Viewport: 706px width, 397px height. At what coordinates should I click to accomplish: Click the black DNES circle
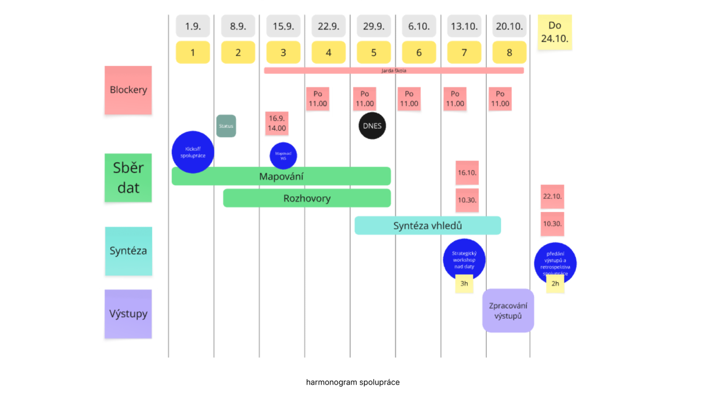[x=372, y=126]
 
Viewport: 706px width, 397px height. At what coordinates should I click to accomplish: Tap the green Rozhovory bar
[x=307, y=198]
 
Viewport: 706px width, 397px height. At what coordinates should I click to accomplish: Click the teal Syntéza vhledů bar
[x=427, y=225]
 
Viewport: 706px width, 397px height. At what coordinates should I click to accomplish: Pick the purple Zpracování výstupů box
[x=508, y=311]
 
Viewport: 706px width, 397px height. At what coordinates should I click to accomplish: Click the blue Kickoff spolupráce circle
[x=193, y=152]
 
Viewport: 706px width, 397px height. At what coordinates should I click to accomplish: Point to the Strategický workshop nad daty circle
[x=464, y=259]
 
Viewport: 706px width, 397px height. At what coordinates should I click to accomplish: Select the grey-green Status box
[x=226, y=126]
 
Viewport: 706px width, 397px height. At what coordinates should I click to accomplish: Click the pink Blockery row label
[x=128, y=90]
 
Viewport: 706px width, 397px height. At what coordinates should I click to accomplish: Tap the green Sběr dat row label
[x=128, y=178]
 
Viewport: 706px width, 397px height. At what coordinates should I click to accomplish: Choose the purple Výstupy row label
[x=128, y=314]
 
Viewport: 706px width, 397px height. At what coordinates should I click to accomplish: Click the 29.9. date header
[x=374, y=26]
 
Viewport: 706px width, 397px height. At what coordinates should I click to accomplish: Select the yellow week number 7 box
[x=464, y=52]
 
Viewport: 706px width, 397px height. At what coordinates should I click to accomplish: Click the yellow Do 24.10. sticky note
[x=555, y=32]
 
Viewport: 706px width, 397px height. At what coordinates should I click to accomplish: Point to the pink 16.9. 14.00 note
[x=277, y=123]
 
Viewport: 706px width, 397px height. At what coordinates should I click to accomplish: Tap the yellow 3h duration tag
[x=464, y=284]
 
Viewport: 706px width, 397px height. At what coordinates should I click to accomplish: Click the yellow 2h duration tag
[x=555, y=284]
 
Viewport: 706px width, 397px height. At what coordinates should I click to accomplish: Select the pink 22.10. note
[x=552, y=196]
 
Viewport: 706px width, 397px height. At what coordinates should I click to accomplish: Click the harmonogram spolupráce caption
[x=353, y=382]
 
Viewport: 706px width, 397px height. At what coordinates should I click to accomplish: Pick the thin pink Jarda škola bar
[x=394, y=71]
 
